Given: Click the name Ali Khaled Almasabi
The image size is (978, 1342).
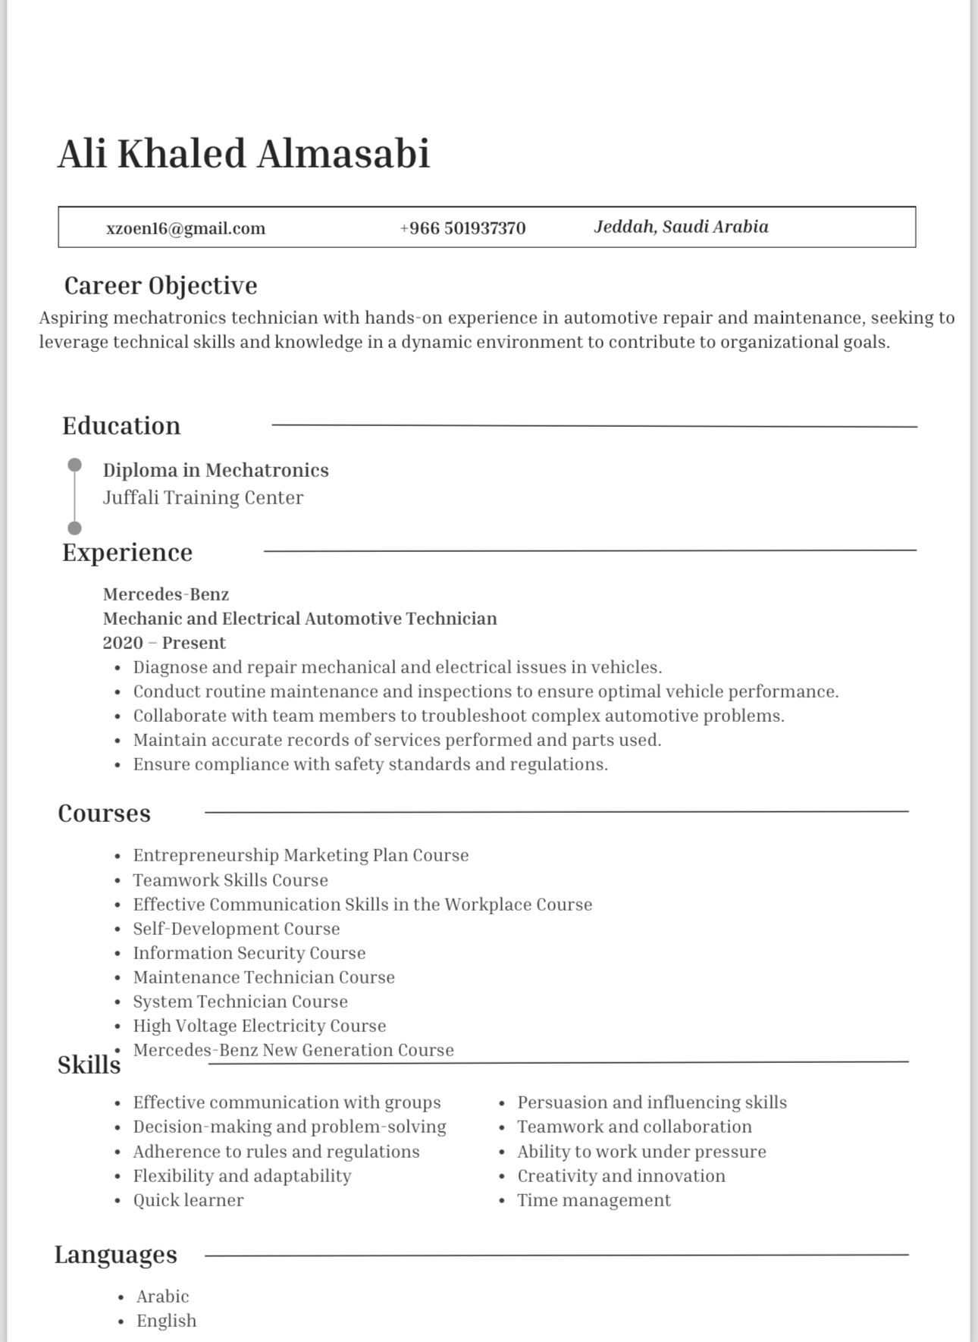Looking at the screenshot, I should click(x=244, y=154).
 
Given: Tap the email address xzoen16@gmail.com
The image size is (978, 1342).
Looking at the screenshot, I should click(x=186, y=228).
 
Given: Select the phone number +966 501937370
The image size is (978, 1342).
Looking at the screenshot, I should click(x=462, y=228).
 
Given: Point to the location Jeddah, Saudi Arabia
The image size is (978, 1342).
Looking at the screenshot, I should click(x=681, y=227).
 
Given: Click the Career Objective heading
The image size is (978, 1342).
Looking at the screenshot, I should click(x=161, y=286).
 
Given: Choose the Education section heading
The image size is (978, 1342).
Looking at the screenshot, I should click(x=121, y=425).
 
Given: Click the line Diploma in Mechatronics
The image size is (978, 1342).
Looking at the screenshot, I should click(x=216, y=470).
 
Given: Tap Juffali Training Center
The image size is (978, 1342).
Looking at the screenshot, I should click(x=203, y=497).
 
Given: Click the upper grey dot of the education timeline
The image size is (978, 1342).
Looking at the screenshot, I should click(x=74, y=464).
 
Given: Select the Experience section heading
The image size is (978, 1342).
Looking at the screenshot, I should click(x=127, y=552).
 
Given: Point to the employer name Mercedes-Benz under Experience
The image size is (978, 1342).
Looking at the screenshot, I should click(x=166, y=594).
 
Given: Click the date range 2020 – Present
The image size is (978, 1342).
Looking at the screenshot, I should click(x=165, y=643).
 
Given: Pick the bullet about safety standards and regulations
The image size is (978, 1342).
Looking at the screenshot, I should click(x=371, y=764).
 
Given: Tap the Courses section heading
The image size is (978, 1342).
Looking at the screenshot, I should click(x=105, y=813).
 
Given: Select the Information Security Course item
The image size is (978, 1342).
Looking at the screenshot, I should click(x=249, y=953).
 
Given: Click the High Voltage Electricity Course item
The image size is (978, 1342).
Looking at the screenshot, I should click(x=259, y=1026).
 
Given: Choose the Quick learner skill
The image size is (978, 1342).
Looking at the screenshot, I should click(x=189, y=1200).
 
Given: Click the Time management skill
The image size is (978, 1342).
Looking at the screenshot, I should click(x=594, y=1200).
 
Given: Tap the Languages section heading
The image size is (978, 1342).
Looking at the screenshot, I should click(x=116, y=1255).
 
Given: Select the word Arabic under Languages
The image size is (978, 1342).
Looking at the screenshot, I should click(x=163, y=1297).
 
